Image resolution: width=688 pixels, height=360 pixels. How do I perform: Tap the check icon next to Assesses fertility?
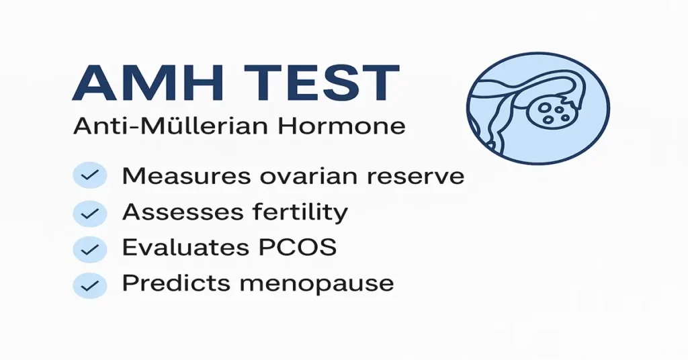pyautogui.click(x=89, y=214)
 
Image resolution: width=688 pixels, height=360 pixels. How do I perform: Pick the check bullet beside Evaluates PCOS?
pyautogui.click(x=89, y=249)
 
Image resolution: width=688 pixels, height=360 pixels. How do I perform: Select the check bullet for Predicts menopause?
pyautogui.click(x=89, y=285)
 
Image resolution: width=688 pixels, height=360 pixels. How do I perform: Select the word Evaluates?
pyautogui.click(x=183, y=248)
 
